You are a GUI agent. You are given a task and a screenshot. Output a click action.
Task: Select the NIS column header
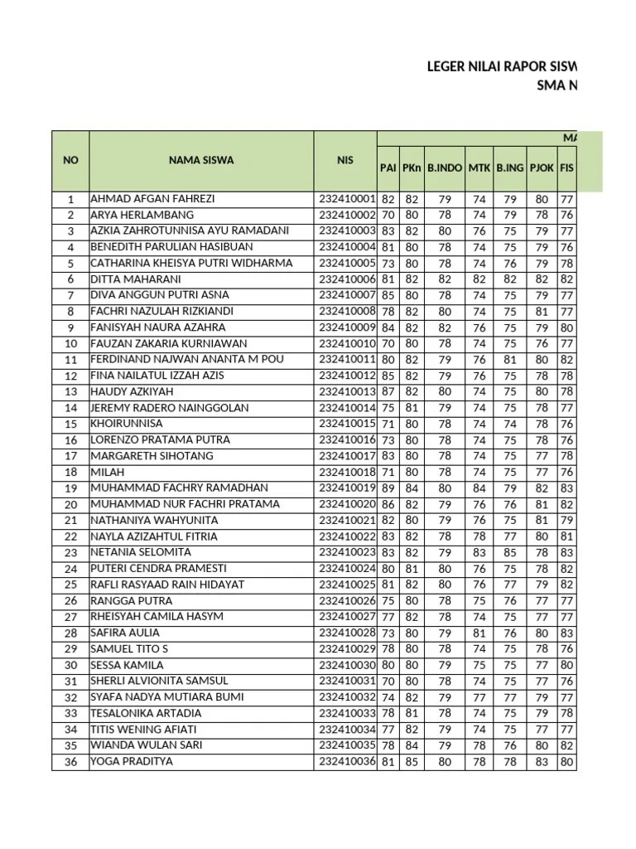click(344, 160)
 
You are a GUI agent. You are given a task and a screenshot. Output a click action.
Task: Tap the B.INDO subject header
click(445, 167)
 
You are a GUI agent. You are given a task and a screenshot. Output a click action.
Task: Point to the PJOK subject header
click(541, 167)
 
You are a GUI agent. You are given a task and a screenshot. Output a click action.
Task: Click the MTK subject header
click(479, 167)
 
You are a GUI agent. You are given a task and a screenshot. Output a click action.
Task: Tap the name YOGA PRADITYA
click(132, 761)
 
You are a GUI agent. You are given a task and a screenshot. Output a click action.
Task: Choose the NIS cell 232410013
click(347, 392)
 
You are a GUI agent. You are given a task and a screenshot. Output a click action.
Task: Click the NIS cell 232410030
click(347, 665)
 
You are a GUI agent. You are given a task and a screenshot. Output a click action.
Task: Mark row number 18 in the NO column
click(70, 473)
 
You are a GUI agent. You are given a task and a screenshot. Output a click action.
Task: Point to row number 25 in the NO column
click(70, 585)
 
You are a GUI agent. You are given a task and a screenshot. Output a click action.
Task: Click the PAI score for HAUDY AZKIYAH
click(388, 392)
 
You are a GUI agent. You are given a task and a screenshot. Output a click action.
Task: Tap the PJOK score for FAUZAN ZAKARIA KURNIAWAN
click(541, 344)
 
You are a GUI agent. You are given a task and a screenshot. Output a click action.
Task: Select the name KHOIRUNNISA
click(125, 424)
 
